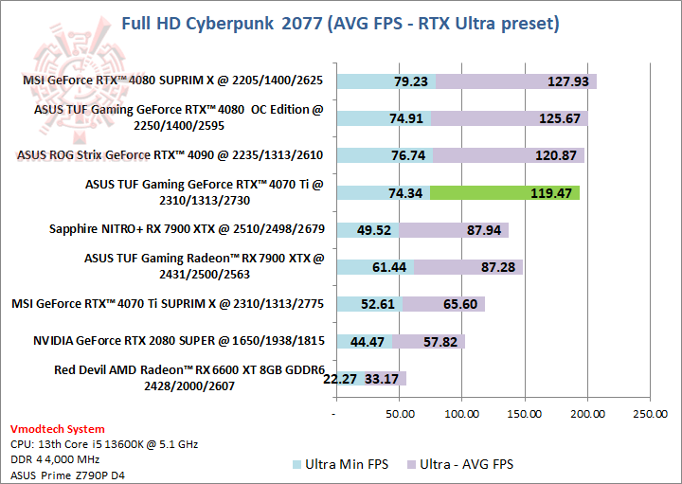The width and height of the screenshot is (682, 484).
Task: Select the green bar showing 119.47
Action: click(505, 193)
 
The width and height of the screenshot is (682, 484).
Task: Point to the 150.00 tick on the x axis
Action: click(525, 414)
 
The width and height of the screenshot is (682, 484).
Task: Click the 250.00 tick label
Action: click(650, 414)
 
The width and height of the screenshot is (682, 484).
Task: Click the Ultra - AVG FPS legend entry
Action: click(458, 464)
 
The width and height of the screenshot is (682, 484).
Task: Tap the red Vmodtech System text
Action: click(57, 429)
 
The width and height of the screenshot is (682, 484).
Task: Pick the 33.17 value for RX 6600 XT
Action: click(381, 379)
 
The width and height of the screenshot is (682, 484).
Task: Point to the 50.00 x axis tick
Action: click(399, 414)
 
